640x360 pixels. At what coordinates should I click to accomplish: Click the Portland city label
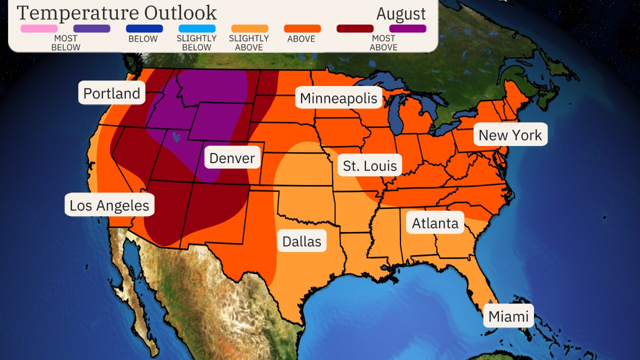pyautogui.click(x=111, y=93)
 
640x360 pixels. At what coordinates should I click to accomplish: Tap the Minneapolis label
pyautogui.click(x=338, y=98)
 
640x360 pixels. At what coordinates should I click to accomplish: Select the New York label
pyautogui.click(x=510, y=135)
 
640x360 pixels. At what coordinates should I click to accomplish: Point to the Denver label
pyautogui.click(x=232, y=158)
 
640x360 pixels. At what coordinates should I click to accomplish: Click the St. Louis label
pyautogui.click(x=370, y=166)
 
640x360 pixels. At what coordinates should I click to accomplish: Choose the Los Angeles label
pyautogui.click(x=109, y=205)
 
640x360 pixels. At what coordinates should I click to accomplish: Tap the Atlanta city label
pyautogui.click(x=435, y=223)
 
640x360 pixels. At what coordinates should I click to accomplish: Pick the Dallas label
pyautogui.click(x=301, y=241)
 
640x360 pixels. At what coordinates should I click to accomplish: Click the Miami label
pyautogui.click(x=508, y=316)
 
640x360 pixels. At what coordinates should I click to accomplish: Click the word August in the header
pyautogui.click(x=401, y=13)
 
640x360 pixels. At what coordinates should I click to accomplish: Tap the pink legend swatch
pyautogui.click(x=39, y=28)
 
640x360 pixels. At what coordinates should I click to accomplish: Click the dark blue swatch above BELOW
pyautogui.click(x=144, y=28)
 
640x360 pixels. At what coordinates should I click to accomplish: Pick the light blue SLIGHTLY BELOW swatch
pyautogui.click(x=197, y=28)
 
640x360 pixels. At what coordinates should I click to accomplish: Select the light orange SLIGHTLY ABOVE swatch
pyautogui.click(x=249, y=28)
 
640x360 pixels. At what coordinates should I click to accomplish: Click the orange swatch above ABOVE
pyautogui.click(x=302, y=28)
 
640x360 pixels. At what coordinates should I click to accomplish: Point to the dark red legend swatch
pyautogui.click(x=355, y=28)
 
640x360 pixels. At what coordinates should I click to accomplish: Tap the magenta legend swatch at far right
pyautogui.click(x=407, y=28)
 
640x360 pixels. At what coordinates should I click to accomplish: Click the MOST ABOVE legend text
pyautogui.click(x=383, y=43)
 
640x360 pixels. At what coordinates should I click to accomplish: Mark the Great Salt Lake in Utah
pyautogui.click(x=175, y=136)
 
